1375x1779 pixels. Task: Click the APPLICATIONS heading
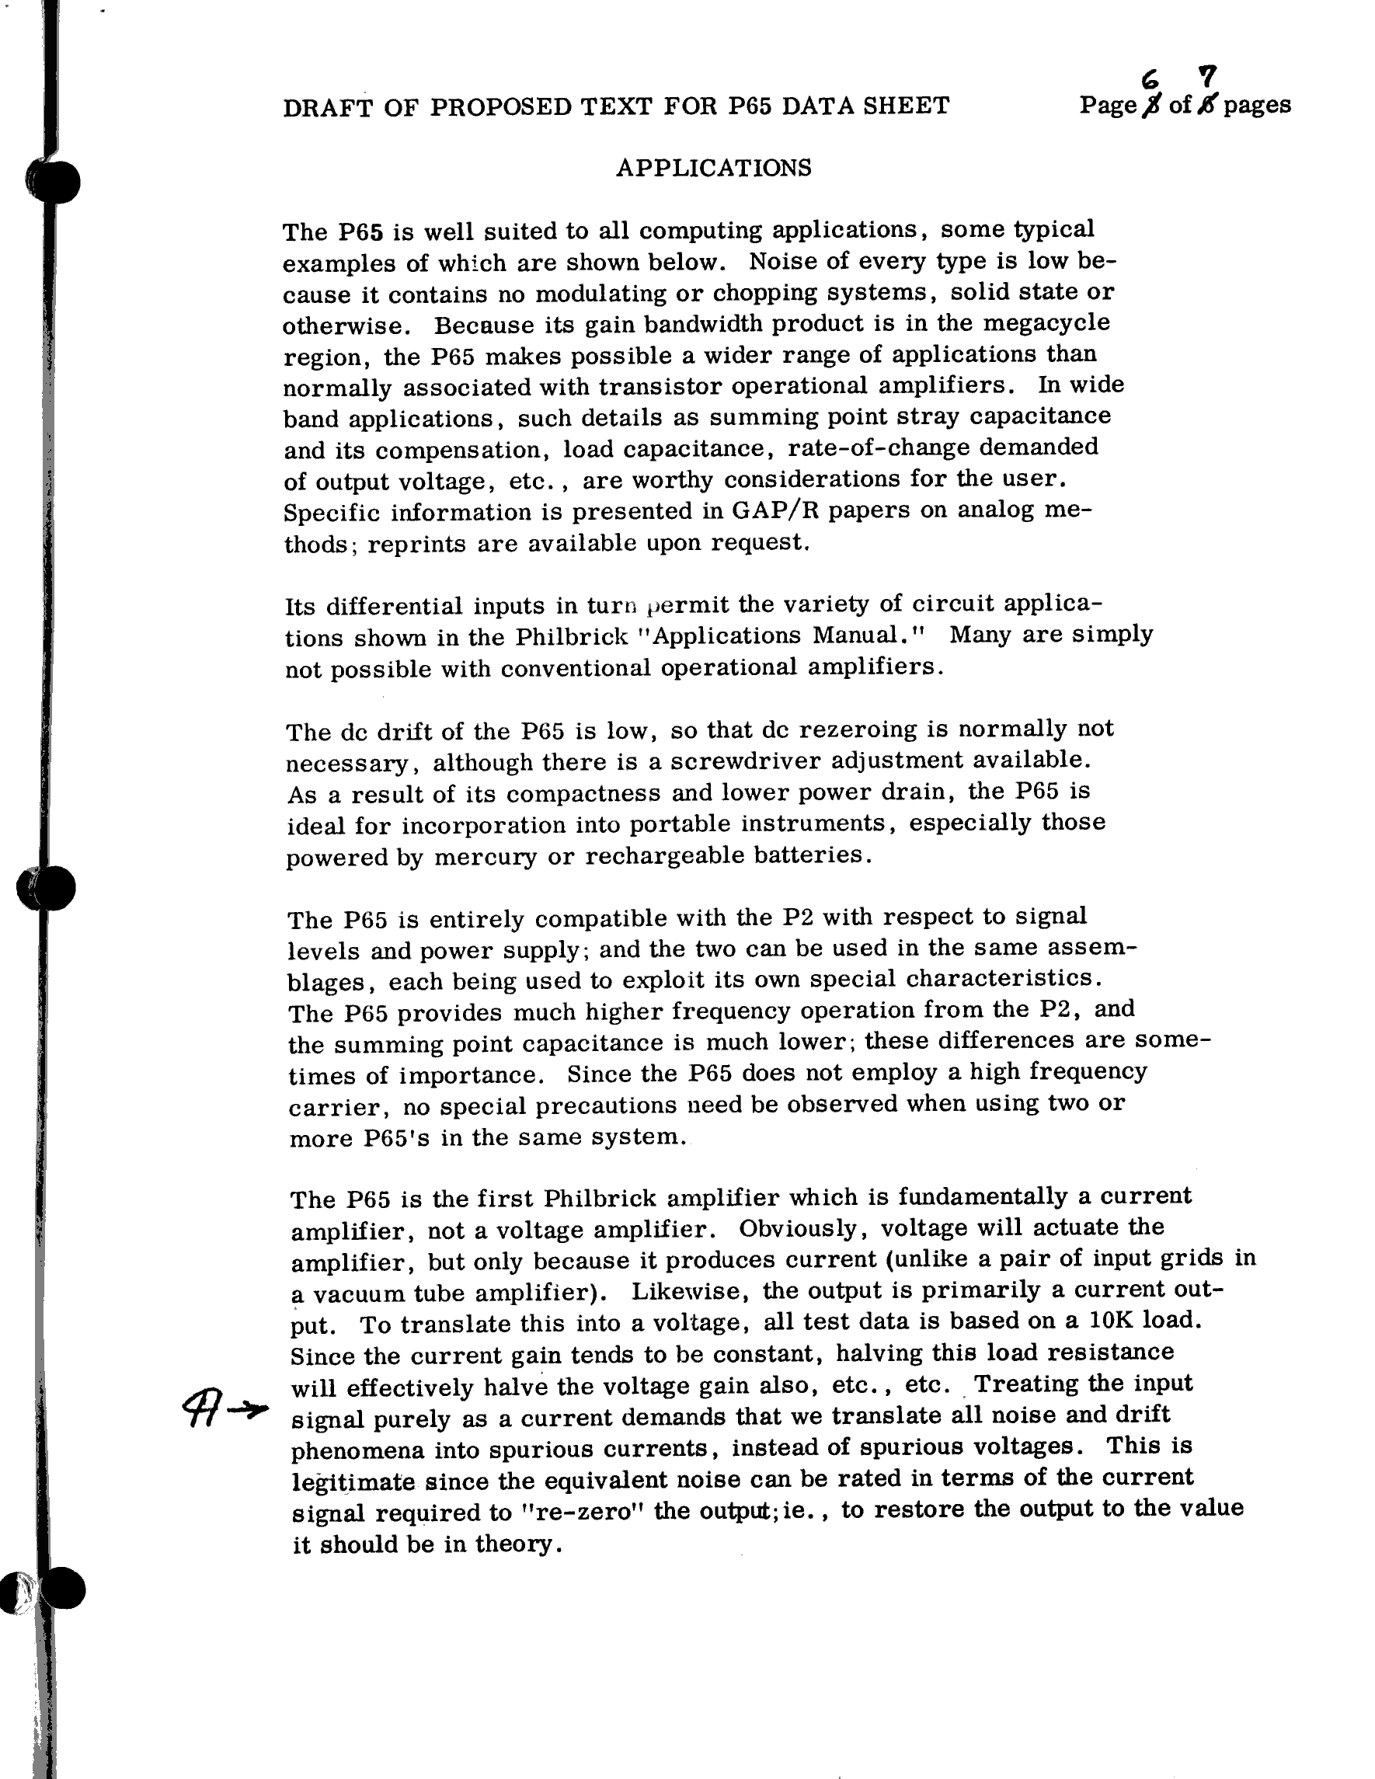click(x=714, y=168)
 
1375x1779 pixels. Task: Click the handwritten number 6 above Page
click(x=1150, y=79)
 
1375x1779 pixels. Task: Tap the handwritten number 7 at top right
click(x=1208, y=76)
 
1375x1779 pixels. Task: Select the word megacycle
click(x=1046, y=322)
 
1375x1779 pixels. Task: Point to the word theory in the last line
click(x=516, y=1544)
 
